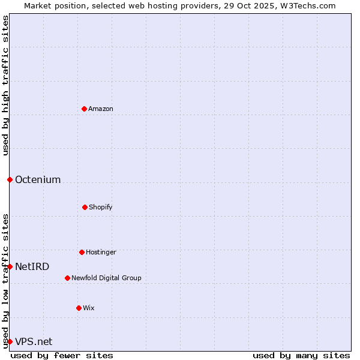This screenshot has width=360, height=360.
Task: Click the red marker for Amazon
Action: tap(84, 109)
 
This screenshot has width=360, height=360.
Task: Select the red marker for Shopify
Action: tap(85, 207)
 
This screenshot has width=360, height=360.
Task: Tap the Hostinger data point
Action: tap(82, 252)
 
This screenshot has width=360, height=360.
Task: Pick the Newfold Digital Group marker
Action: tap(67, 278)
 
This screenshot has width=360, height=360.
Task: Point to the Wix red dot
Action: tap(79, 308)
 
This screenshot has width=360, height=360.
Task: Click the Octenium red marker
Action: tap(10, 179)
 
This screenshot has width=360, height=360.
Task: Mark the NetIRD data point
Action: tap(10, 266)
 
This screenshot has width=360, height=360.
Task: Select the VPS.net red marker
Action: tap(10, 341)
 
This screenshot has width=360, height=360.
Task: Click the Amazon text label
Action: tap(101, 109)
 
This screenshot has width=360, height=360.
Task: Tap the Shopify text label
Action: tap(101, 207)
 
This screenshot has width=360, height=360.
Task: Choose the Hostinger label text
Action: tap(101, 252)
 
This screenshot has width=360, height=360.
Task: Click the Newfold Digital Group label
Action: tap(106, 278)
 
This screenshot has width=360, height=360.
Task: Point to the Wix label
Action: tap(89, 308)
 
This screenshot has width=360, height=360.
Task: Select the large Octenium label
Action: tap(38, 179)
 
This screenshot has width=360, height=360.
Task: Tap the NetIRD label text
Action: tap(32, 266)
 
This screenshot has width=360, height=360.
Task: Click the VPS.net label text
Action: tap(34, 341)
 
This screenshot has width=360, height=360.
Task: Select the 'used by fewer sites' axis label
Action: tap(62, 355)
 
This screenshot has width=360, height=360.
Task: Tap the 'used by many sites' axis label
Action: tap(301, 355)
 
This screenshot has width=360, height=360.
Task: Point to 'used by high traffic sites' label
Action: tap(5, 85)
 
